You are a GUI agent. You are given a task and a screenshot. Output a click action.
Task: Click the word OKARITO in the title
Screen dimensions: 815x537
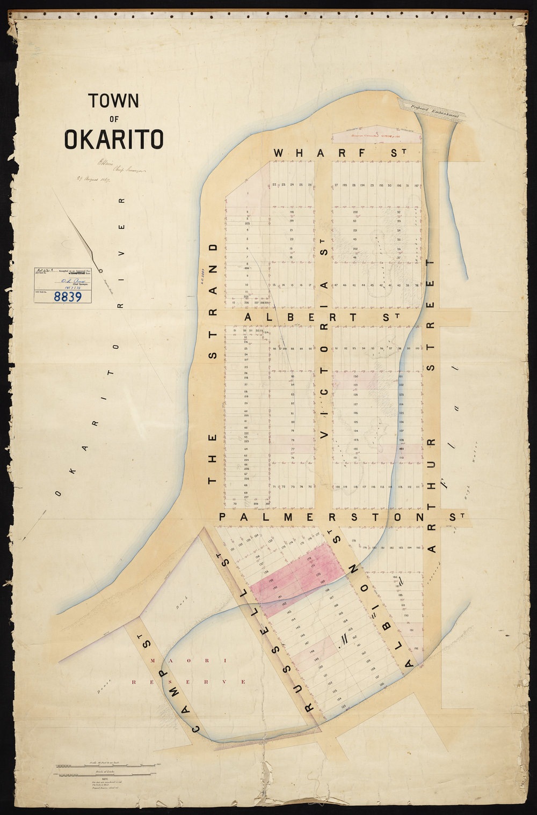[x=114, y=139]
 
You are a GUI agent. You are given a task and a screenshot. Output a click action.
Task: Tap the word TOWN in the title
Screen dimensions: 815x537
[x=114, y=100]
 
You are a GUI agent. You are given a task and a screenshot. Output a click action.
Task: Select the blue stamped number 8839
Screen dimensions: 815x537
[x=68, y=296]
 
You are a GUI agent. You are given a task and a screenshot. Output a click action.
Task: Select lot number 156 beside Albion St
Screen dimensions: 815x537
[x=382, y=685]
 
